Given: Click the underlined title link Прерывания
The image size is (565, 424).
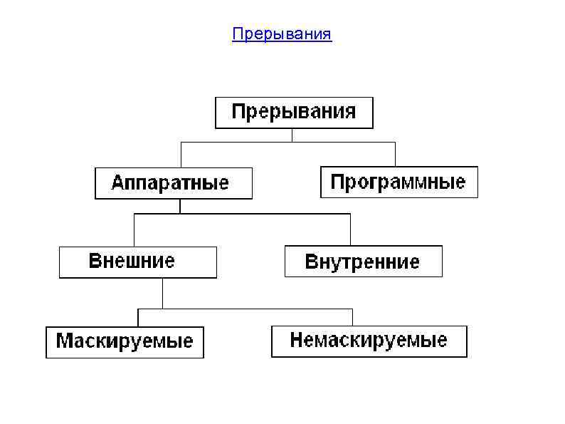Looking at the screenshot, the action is [282, 34].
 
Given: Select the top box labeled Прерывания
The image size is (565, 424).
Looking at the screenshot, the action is [294, 113].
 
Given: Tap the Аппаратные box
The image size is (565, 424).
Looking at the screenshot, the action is [173, 183].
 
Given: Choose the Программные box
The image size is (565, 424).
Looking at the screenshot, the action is [398, 182].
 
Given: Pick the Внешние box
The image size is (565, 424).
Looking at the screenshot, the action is [137, 262].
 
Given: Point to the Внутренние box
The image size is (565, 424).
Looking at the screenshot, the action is [363, 262].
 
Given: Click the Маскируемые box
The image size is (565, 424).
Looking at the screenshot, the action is [125, 341].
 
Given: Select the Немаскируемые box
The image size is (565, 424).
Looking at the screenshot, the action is [369, 341].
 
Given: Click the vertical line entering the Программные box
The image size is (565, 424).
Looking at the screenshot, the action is [395, 154].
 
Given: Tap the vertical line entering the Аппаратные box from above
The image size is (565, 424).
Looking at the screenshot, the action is [181, 155].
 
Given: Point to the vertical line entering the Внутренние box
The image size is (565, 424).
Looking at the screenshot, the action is [350, 229].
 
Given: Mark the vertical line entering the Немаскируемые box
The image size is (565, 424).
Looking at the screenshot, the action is [352, 317].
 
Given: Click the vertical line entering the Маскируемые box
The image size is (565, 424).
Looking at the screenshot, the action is [138, 318].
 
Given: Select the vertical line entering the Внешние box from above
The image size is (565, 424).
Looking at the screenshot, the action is [134, 230].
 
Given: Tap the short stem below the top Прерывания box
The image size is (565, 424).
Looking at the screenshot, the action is [292, 135].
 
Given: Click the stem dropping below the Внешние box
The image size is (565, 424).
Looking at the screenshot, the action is [163, 293].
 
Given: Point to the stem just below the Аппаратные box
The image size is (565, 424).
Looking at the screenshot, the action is [181, 207].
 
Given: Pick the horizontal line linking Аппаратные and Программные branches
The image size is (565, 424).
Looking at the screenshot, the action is [287, 143].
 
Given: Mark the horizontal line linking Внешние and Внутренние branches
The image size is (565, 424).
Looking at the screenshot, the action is [242, 214].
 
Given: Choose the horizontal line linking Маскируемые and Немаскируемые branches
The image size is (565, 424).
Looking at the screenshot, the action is [245, 309].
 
